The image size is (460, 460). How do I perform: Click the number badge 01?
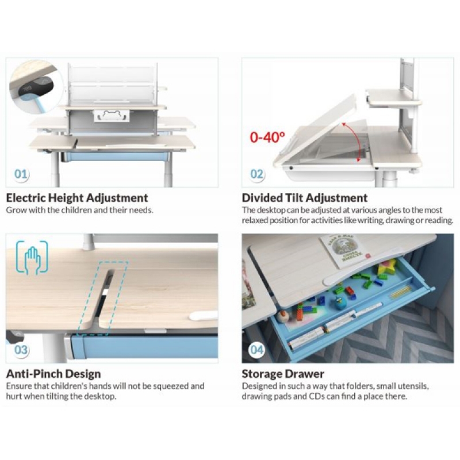tap(21, 174)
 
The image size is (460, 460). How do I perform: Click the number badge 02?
tap(256, 174)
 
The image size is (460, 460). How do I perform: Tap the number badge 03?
tap(21, 350)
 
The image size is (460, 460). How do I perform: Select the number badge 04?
tap(256, 350)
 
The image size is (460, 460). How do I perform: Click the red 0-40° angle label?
tap(267, 137)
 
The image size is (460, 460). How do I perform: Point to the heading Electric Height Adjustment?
tap(77, 198)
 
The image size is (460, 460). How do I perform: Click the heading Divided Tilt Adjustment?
tap(305, 198)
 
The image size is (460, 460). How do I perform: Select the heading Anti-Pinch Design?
tap(53, 374)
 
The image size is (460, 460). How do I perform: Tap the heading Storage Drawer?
tap(283, 374)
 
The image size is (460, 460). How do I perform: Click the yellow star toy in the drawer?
tap(386, 267)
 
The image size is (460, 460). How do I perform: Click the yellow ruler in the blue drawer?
tap(401, 292)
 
